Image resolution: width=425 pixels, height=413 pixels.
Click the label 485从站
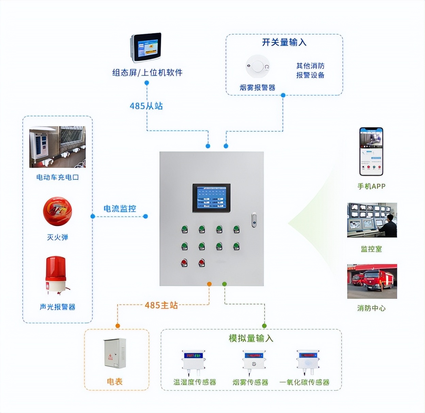(x=146, y=106)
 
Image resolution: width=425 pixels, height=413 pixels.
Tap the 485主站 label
(x=161, y=305)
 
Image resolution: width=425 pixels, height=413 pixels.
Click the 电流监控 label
(x=120, y=209)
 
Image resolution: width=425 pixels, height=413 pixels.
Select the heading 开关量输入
(x=284, y=42)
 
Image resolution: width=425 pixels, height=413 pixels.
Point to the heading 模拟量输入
(x=251, y=338)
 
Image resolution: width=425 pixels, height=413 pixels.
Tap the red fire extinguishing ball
(x=57, y=211)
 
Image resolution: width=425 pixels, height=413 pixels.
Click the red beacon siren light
(x=56, y=275)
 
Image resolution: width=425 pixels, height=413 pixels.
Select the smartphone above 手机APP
(x=371, y=152)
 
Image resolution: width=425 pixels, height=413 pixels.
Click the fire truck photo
(x=372, y=281)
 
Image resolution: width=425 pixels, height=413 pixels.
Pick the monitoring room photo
(x=372, y=220)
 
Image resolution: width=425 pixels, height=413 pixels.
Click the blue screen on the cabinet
(x=211, y=198)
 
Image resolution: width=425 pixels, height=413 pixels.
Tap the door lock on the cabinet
(x=254, y=220)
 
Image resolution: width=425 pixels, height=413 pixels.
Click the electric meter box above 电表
(x=115, y=353)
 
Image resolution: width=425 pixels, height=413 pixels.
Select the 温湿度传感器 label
(x=194, y=382)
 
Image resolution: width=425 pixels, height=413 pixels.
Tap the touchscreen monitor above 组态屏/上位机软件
(x=146, y=48)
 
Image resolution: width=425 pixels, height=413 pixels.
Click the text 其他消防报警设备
(x=310, y=70)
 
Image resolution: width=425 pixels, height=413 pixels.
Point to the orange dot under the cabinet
(x=209, y=284)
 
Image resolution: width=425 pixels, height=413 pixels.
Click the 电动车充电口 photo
(x=57, y=147)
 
